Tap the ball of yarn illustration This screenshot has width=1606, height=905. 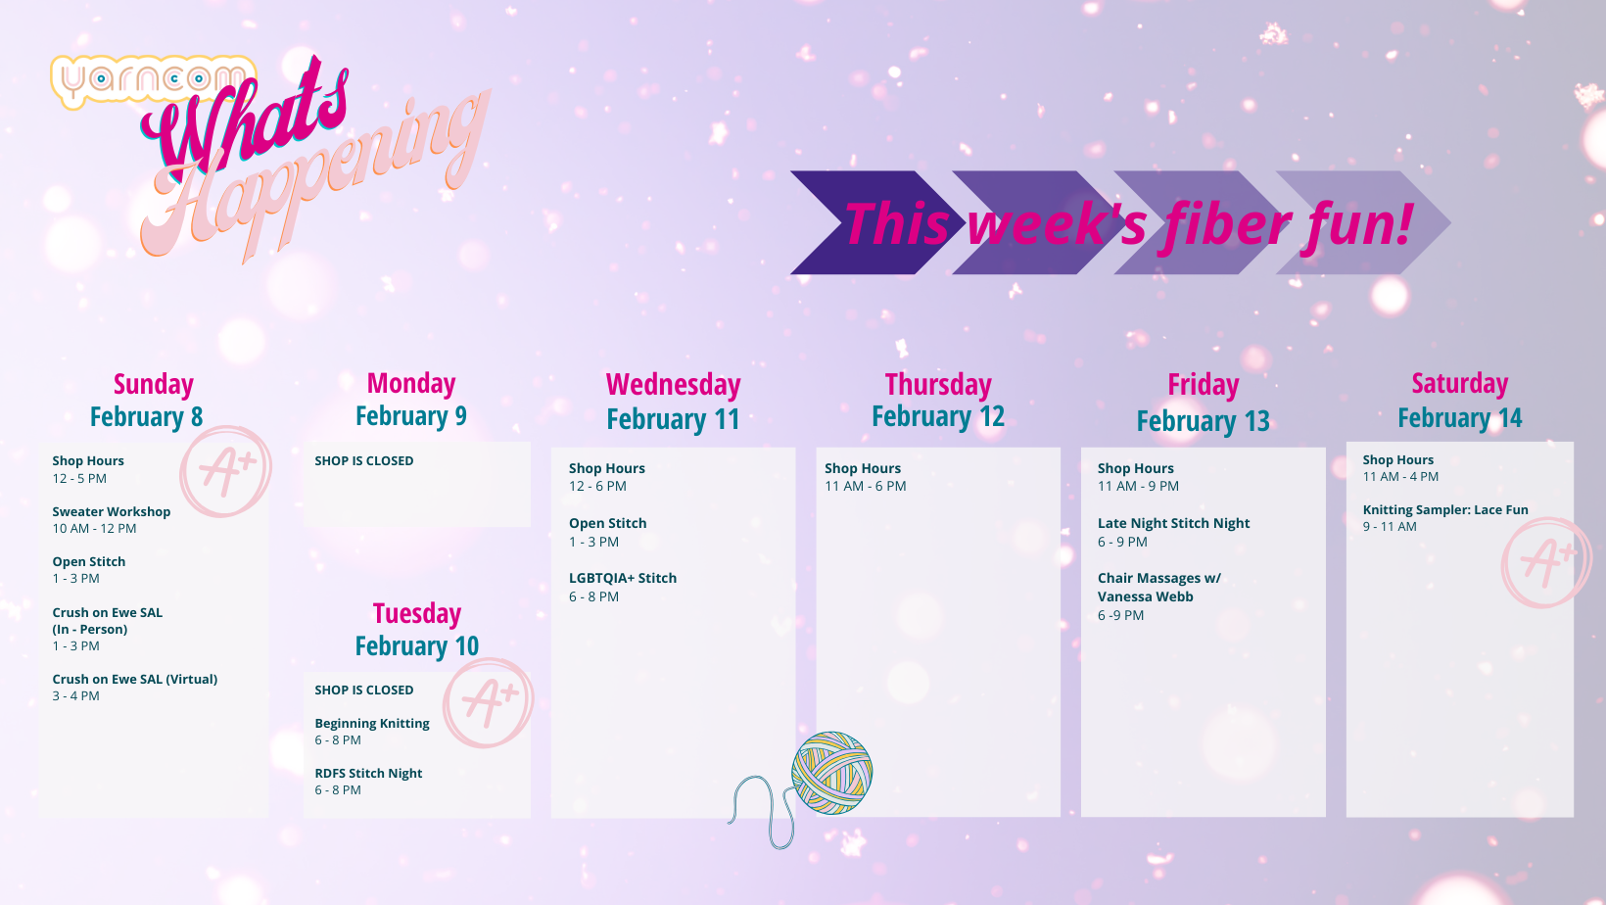pos(831,773)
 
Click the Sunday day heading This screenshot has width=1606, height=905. pos(154,384)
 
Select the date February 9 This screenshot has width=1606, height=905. pos(411,416)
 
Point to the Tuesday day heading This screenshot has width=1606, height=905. pos(416,613)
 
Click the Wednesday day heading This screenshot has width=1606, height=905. pos(673,384)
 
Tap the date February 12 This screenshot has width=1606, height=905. pos(938,416)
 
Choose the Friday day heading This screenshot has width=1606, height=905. pos(1204,384)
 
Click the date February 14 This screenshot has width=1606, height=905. pos(1460,417)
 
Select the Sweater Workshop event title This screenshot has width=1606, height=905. pos(111,511)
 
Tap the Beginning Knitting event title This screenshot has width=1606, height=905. pos(372,723)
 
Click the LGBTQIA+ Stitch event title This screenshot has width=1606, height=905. pos(623,578)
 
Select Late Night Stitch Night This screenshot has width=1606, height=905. pos(1174,523)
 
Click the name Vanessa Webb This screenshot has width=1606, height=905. pos(1145,596)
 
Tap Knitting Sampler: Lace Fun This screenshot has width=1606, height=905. pos(1445,510)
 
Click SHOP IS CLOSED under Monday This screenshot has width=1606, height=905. pos(364,461)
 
